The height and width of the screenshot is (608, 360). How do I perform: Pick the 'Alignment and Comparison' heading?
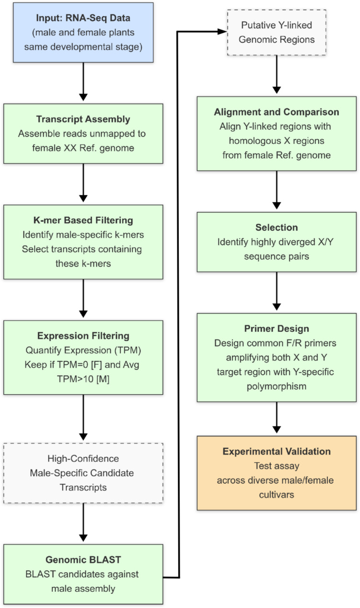tap(276, 112)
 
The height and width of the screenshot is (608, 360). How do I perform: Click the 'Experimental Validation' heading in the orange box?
tap(276, 452)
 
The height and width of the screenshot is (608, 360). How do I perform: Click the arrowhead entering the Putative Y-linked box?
tap(222, 32)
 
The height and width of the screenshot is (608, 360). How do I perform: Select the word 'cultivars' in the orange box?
tap(276, 491)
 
